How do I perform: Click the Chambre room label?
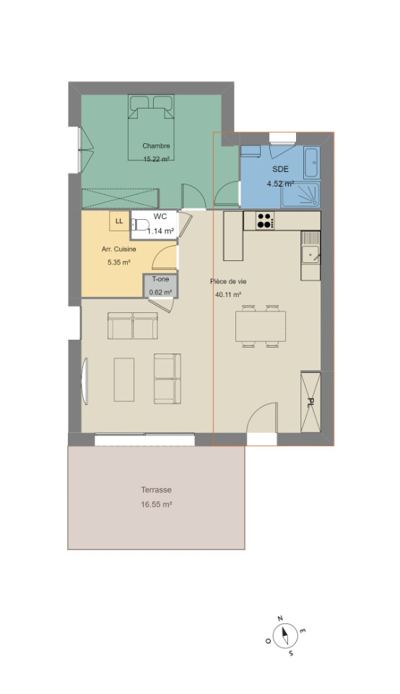tap(156, 145)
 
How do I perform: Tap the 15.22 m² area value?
tap(157, 159)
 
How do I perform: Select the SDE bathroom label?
tap(280, 169)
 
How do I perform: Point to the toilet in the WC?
tap(139, 225)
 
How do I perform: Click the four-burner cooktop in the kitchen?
tap(265, 221)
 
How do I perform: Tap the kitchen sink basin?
tap(310, 255)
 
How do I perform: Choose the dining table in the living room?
tap(261, 326)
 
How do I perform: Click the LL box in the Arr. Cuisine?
tap(119, 221)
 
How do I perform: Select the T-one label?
tap(160, 279)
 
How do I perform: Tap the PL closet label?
tap(310, 402)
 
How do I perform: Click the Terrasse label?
tap(156, 490)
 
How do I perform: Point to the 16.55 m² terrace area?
tap(157, 504)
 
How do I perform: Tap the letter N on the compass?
tap(279, 618)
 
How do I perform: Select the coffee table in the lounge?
tap(123, 380)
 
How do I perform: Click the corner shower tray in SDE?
tap(301, 194)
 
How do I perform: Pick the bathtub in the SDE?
tap(311, 162)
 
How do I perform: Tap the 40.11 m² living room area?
tap(228, 294)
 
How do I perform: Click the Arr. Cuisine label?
tap(119, 249)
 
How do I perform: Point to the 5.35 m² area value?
tap(119, 262)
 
